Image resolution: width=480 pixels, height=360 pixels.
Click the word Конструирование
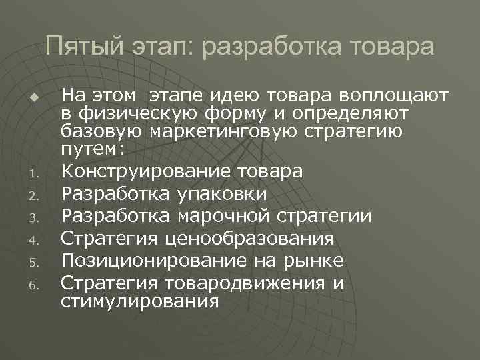[x=145, y=171]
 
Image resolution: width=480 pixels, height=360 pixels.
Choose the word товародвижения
[x=242, y=283]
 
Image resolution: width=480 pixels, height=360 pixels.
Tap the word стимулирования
[x=139, y=301]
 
